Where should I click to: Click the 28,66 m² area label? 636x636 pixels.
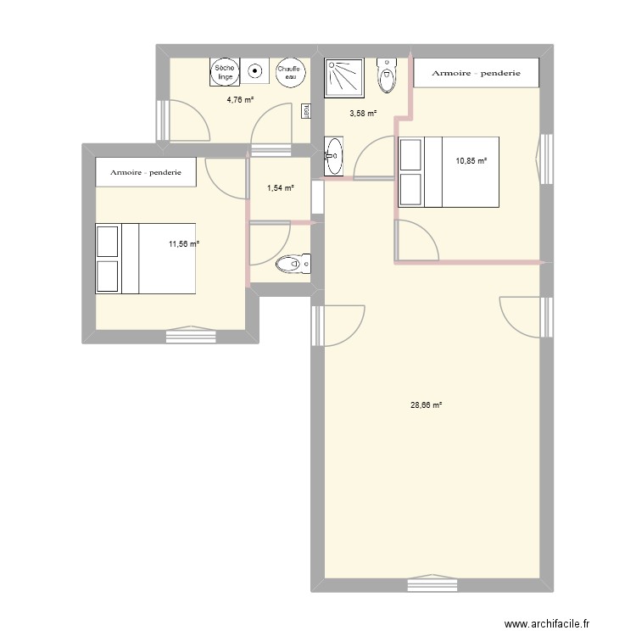coord(426,404)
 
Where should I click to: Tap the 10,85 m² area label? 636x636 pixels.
coord(471,161)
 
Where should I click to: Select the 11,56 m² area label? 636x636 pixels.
coord(184,243)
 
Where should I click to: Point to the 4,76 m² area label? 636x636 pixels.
coord(240,100)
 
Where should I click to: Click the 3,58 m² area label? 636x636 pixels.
coord(363,114)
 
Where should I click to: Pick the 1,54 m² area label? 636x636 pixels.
coord(281,187)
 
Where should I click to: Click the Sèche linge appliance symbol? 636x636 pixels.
coord(225,72)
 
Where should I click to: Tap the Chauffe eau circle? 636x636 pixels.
coord(289,73)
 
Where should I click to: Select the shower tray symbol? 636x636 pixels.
coord(344,78)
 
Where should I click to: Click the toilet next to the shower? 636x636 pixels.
coord(387,75)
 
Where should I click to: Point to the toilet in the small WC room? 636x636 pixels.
coord(293,264)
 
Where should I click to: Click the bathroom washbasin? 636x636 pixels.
coord(334,156)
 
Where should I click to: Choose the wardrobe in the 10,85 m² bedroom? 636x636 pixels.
coord(477,73)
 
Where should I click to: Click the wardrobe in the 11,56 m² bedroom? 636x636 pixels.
coord(146,172)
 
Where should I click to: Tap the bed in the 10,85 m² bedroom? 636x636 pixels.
coord(449,172)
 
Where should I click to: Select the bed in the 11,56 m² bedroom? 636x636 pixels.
coord(146,259)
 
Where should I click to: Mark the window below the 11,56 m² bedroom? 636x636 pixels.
coord(191,335)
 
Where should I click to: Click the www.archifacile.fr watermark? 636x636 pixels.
coord(547,612)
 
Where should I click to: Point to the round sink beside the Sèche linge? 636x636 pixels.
coord(255,71)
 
